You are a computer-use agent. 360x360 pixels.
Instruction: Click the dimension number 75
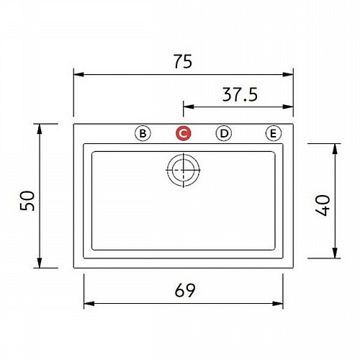pyautogui.click(x=183, y=61)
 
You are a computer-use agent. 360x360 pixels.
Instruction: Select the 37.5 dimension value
pyautogui.click(x=240, y=94)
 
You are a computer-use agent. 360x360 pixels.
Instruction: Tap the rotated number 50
pyautogui.click(x=27, y=201)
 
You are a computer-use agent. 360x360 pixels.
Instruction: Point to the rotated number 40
pyautogui.click(x=323, y=205)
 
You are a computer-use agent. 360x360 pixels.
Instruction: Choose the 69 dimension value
pyautogui.click(x=185, y=290)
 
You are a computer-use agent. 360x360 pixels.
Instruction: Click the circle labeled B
pyautogui.click(x=143, y=133)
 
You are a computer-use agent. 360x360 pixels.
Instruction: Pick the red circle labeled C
pyautogui.click(x=184, y=133)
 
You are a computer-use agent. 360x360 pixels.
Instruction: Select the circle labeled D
pyautogui.click(x=224, y=133)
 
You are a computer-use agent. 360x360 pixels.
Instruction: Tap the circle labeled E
pyautogui.click(x=274, y=133)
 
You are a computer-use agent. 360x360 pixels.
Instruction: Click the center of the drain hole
pyautogui.click(x=184, y=170)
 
